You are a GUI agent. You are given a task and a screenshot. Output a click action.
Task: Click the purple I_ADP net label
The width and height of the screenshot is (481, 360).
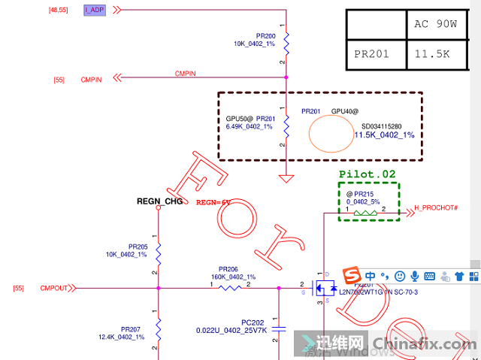point(95,10)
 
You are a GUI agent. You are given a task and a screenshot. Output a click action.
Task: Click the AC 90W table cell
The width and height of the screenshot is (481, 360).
point(435,23)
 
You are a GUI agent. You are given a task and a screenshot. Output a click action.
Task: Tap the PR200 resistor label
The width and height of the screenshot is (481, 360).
point(265,35)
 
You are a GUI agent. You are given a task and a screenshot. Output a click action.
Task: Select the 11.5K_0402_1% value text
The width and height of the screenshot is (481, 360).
point(384,135)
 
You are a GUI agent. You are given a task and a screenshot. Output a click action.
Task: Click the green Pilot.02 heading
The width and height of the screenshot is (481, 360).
point(367,174)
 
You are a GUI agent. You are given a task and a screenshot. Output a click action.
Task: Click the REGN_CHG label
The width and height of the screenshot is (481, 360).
point(159,201)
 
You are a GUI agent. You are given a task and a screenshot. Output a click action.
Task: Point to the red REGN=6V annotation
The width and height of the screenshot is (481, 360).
point(213,202)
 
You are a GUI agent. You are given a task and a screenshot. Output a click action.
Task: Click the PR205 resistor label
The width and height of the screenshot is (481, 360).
point(138,247)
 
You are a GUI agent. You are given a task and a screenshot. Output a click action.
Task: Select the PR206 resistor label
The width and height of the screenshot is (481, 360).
point(228,269)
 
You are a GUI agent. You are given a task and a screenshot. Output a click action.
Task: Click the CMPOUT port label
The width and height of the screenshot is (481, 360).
point(54,288)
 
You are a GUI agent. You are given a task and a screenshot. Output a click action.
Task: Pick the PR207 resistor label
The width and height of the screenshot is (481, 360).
point(130,329)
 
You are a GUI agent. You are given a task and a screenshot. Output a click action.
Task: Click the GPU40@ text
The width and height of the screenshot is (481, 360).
point(344,111)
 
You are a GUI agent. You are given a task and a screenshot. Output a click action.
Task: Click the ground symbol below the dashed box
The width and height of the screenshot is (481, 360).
point(286,179)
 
